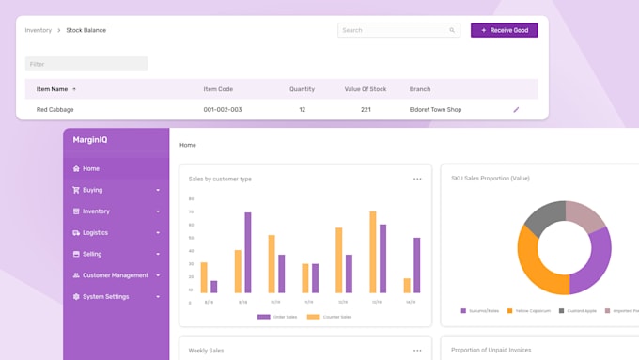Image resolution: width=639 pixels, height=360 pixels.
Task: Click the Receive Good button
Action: point(505,30)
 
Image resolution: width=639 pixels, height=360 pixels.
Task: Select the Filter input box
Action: point(86,64)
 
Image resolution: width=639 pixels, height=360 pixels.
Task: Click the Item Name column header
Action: point(53,89)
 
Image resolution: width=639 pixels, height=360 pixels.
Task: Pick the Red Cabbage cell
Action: point(55,110)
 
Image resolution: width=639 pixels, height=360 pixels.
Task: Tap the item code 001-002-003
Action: point(223,110)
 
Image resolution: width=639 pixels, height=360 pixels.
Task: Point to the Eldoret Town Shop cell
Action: point(435,110)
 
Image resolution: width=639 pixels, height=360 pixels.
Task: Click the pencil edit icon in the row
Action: point(516,110)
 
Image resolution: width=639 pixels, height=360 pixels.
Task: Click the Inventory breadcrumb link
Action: point(39,30)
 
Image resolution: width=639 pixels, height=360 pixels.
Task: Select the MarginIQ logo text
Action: point(90,140)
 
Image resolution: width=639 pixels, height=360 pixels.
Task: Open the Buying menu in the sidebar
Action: point(92,190)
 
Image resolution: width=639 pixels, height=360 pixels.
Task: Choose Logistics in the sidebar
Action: point(95,232)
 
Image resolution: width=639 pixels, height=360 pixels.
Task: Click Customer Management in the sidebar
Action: point(115,275)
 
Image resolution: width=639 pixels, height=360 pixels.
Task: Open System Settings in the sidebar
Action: point(105,297)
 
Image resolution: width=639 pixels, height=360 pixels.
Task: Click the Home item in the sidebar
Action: point(90,169)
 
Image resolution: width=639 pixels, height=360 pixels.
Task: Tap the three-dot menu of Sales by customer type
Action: point(417,179)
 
